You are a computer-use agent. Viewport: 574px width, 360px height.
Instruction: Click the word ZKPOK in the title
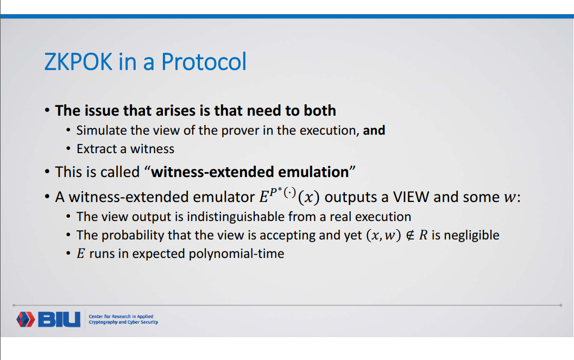79,62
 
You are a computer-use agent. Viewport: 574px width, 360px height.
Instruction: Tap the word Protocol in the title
204,62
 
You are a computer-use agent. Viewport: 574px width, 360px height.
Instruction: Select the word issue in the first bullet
103,111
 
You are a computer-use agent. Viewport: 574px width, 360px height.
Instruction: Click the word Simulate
101,130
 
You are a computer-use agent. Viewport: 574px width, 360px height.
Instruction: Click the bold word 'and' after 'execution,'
374,130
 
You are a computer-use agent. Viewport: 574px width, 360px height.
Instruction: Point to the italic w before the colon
509,198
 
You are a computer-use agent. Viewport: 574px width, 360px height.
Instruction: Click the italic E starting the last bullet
80,254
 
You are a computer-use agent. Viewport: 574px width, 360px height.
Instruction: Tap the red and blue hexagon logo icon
26,319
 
